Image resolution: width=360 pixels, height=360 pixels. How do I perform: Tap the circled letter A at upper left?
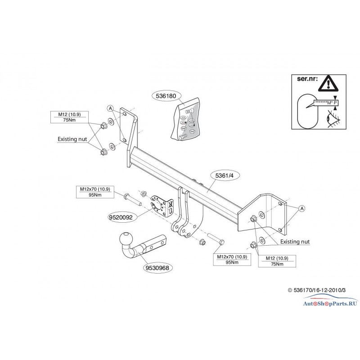(x=109, y=108)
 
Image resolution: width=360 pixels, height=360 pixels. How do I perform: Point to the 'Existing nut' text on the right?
(x=295, y=242)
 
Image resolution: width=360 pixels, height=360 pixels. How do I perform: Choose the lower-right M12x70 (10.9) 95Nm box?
(x=231, y=260)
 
